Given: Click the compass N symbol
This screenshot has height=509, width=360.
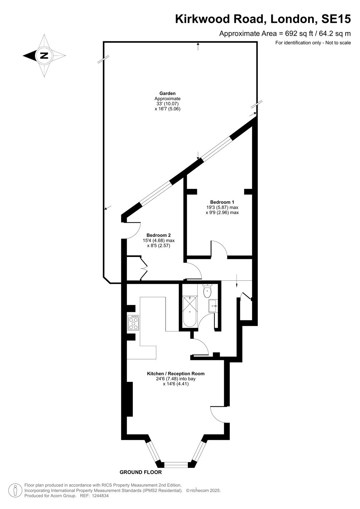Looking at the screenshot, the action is tap(44, 55).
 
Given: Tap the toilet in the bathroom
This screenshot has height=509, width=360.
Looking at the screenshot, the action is tap(207, 291).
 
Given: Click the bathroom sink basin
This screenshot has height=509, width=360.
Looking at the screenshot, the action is tap(213, 306).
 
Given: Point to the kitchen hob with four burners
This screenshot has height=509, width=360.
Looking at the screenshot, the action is tap(133, 323).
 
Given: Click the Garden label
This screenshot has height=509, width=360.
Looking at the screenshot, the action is tap(167, 93).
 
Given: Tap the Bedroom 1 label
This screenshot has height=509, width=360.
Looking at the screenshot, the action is tap(222, 202).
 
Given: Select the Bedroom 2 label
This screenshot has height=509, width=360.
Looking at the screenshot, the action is tap(159, 235).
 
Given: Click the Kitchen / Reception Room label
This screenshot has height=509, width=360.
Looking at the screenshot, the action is tap(176, 373).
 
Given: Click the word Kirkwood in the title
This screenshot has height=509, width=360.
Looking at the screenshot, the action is tap(203, 19).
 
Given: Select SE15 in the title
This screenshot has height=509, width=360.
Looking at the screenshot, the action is tap(336, 19).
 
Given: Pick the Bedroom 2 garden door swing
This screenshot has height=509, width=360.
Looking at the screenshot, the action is tap(133, 231).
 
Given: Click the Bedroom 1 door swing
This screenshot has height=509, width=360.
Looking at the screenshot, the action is tap(219, 249).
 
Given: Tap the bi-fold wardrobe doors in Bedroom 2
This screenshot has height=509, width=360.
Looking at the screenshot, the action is tap(144, 268).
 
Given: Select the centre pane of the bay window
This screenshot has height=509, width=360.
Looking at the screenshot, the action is tap(176, 465).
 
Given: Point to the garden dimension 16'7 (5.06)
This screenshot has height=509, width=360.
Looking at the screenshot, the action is tap(167, 109).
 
